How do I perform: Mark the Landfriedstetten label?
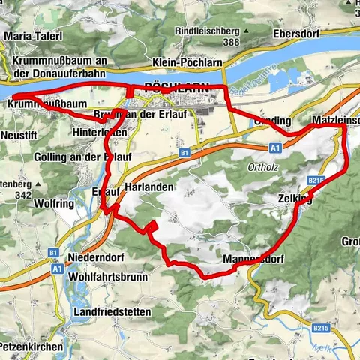coord(113,311)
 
